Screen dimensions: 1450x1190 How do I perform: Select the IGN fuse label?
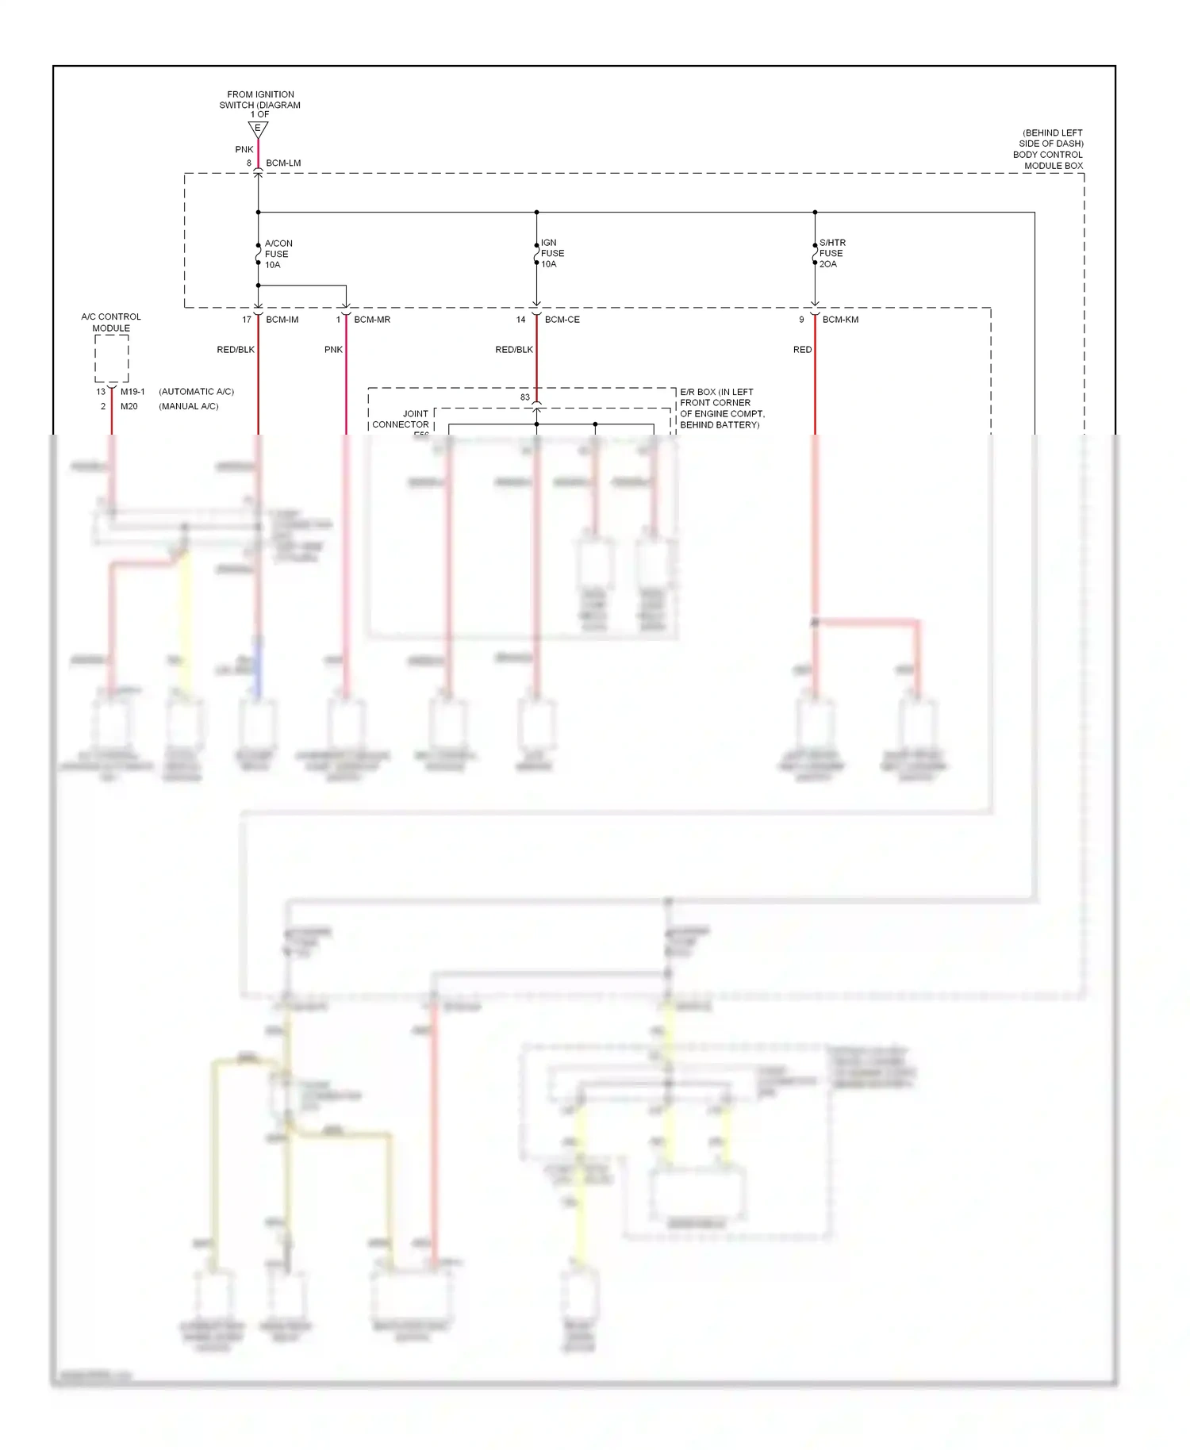click(x=552, y=253)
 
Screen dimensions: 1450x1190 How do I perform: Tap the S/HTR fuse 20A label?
click(x=831, y=253)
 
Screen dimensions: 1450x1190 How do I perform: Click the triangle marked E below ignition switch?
click(x=258, y=129)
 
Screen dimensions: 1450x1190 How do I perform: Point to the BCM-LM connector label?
click(x=283, y=163)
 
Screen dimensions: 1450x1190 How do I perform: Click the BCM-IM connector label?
click(x=282, y=320)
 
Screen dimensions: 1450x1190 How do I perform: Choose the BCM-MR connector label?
click(x=372, y=320)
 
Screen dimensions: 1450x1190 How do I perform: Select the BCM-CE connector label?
click(x=562, y=320)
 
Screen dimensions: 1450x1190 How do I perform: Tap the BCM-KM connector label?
click(x=840, y=320)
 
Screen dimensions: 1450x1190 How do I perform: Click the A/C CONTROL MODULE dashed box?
click(x=112, y=359)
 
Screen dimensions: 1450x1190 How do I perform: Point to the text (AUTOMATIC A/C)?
click(x=196, y=392)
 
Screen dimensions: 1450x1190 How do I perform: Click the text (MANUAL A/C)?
click(x=189, y=406)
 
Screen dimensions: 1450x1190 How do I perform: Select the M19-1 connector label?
click(x=132, y=392)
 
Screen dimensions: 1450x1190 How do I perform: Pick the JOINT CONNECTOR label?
click(x=401, y=420)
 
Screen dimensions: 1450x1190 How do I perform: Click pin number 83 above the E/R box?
click(x=525, y=397)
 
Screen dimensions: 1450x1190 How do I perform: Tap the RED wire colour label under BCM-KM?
click(x=802, y=350)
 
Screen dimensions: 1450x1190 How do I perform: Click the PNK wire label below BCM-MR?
click(x=333, y=350)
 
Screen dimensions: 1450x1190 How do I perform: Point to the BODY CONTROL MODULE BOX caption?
click(x=1047, y=149)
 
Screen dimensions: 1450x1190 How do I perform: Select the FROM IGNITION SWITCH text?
click(x=260, y=100)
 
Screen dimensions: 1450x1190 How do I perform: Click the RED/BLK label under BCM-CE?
click(x=514, y=350)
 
